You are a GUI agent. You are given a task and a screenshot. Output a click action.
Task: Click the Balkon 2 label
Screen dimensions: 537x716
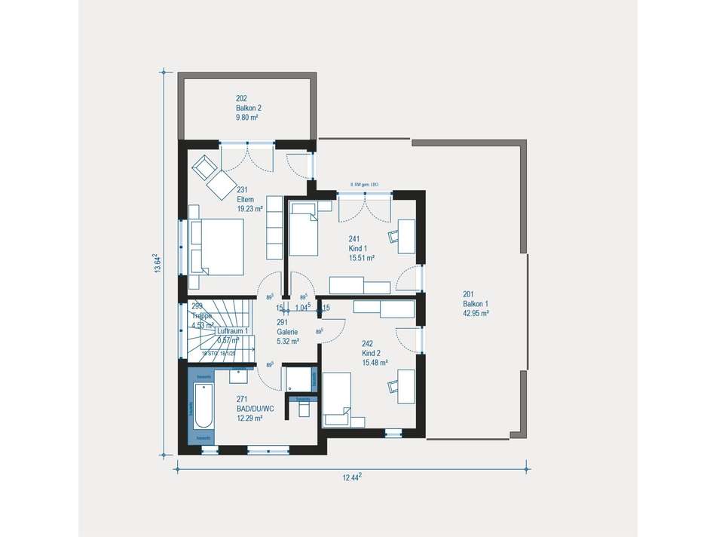pyautogui.click(x=249, y=108)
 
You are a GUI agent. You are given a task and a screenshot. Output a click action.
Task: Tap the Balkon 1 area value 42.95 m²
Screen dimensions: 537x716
pyautogui.click(x=476, y=313)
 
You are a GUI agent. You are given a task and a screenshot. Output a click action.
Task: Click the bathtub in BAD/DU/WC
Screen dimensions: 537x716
pyautogui.click(x=201, y=407)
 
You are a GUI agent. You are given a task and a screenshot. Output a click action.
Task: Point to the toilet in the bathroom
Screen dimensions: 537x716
pyautogui.click(x=304, y=407)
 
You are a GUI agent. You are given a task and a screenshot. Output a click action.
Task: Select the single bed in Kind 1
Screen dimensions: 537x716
pyautogui.click(x=305, y=229)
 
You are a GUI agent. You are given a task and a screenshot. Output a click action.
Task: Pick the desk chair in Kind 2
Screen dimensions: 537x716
pyautogui.click(x=394, y=386)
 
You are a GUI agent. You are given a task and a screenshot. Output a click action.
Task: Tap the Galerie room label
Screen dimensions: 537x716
pyautogui.click(x=287, y=332)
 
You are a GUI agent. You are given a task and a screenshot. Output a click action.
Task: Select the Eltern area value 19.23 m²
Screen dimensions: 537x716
pyautogui.click(x=249, y=209)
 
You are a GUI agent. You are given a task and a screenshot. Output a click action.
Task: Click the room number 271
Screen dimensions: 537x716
pyautogui.click(x=242, y=399)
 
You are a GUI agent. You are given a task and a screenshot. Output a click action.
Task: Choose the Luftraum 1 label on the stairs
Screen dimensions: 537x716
pyautogui.click(x=233, y=331)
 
